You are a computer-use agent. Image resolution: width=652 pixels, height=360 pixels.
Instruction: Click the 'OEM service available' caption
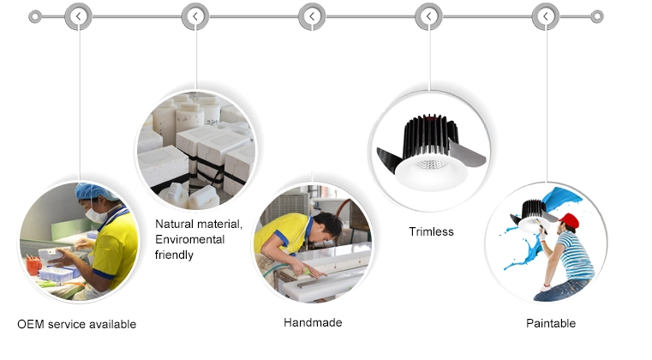pos(77,324)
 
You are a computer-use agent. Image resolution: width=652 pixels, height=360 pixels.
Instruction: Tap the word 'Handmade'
pos(313,322)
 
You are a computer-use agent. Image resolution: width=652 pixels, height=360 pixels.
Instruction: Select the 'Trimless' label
pos(431,231)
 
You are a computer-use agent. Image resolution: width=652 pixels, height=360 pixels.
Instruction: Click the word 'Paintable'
pos(551,323)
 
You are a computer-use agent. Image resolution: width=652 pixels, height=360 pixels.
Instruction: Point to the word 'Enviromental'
pos(189,240)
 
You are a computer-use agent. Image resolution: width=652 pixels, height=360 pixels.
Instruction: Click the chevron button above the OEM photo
pos(78,16)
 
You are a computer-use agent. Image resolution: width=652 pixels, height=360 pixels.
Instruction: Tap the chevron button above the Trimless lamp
pos(428,16)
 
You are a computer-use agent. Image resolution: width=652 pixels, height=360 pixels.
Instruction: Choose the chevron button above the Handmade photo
pos(312,16)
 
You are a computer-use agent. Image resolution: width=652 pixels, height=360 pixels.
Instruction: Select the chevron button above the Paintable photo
pos(546,16)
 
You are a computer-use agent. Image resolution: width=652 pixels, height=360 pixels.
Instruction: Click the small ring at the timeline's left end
pos(35,17)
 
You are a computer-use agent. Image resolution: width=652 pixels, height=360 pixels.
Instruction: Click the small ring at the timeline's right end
pos(597,16)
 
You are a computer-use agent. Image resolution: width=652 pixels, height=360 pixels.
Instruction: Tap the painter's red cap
pos(570,220)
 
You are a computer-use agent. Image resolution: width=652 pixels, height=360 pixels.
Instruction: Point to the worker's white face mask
pos(97,215)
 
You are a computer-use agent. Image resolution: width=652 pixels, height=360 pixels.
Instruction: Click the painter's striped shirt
pos(577,255)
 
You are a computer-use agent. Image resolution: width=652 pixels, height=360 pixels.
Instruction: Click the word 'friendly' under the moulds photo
pos(174,255)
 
